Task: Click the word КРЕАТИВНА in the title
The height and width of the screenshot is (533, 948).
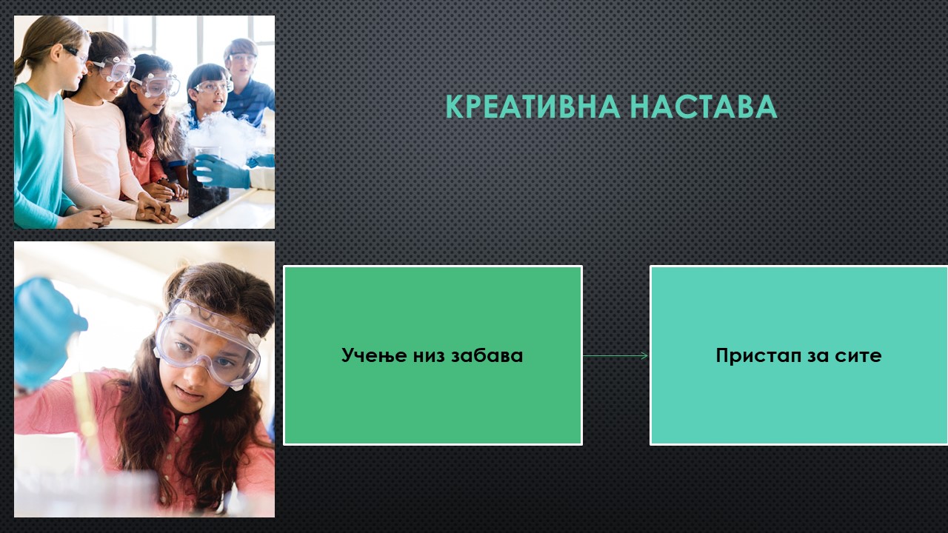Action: click(x=533, y=107)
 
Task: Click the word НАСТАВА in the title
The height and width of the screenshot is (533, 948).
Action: click(x=704, y=107)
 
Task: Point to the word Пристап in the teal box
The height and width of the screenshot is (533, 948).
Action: click(x=759, y=356)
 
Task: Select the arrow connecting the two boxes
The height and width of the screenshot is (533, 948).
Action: click(x=615, y=356)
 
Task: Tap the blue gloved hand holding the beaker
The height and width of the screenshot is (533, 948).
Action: click(x=221, y=171)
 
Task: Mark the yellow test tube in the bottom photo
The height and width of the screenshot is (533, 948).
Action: click(x=87, y=419)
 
